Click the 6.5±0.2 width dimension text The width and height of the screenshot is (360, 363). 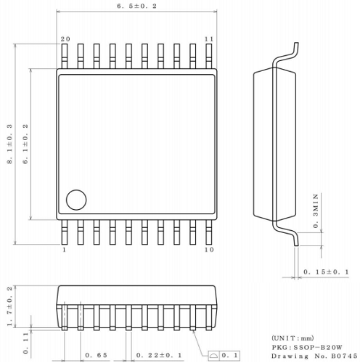[137, 6]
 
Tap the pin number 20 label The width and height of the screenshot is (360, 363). [65, 38]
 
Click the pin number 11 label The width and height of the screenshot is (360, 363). [209, 38]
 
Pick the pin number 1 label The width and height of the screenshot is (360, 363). [64, 250]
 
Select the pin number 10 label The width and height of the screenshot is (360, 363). [209, 250]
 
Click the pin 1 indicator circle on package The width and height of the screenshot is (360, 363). [75, 199]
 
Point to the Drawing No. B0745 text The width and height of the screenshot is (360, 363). [314, 356]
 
